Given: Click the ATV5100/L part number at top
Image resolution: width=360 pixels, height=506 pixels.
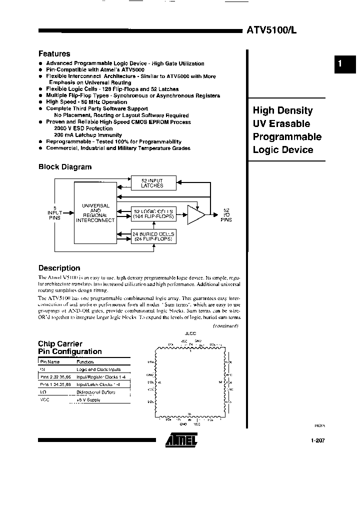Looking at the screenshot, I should [x=271, y=30].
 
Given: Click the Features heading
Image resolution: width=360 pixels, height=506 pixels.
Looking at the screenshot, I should [x=54, y=53].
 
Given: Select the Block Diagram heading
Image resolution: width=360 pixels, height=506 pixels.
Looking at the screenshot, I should [x=65, y=167].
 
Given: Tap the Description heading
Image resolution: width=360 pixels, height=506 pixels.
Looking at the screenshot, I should [x=59, y=268].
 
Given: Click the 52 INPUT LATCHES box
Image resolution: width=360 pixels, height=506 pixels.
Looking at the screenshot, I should [x=152, y=183].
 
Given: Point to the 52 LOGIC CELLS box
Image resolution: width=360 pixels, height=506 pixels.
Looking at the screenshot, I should [x=153, y=213].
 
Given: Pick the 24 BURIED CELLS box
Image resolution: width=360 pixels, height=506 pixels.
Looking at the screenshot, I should [x=153, y=236].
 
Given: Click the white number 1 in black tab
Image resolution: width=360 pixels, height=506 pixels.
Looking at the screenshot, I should [x=339, y=64].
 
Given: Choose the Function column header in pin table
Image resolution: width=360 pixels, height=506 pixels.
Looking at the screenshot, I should [x=85, y=361].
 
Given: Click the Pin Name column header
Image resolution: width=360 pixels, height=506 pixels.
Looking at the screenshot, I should [x=49, y=361].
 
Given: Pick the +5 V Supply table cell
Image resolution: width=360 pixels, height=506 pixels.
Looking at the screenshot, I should [x=89, y=400].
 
